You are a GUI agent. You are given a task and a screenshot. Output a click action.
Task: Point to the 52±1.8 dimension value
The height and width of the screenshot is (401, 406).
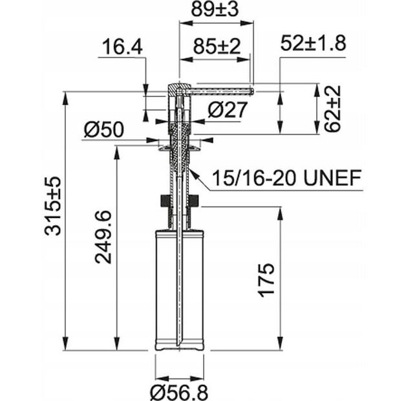tap(314, 43)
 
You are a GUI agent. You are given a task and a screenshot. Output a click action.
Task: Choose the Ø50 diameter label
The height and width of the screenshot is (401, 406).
tap(103, 129)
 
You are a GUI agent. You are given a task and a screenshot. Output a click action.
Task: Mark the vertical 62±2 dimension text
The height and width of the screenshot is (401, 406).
tap(332, 108)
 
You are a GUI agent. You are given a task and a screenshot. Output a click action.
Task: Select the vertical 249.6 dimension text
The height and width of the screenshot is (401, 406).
tap(102, 237)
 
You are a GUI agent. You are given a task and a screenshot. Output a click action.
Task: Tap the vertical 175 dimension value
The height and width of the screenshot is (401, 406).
tap(266, 279)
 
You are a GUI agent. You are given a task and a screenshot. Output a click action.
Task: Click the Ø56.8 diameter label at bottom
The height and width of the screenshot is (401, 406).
tap(180, 391)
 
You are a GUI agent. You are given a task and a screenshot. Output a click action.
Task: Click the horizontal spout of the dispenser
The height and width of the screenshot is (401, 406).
tap(220, 91)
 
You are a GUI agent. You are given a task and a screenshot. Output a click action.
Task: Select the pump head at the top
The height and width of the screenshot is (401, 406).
tap(177, 90)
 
